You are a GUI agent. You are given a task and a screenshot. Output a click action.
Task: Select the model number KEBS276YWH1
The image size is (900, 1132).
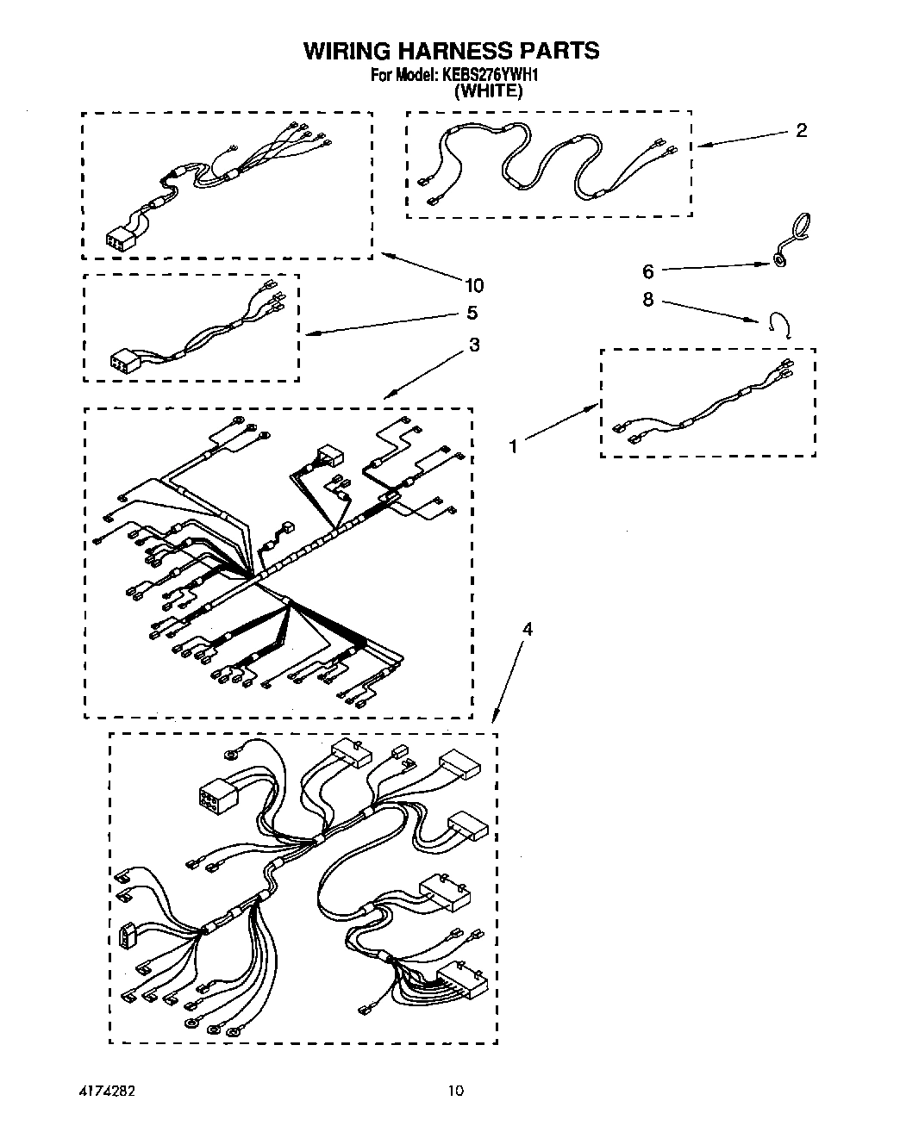(x=491, y=76)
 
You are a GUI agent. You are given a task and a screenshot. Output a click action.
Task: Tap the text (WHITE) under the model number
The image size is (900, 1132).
(x=488, y=90)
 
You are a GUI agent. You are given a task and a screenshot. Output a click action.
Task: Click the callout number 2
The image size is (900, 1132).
(x=801, y=131)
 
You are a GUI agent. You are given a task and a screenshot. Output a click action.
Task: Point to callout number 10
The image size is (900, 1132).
(x=473, y=285)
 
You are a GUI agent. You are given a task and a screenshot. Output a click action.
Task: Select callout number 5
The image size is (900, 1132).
(x=472, y=313)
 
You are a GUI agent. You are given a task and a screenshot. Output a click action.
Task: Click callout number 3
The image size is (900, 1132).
(x=473, y=345)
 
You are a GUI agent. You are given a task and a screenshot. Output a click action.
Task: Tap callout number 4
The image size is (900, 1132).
(x=528, y=630)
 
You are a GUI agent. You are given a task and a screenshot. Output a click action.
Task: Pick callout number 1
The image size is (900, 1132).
(x=514, y=446)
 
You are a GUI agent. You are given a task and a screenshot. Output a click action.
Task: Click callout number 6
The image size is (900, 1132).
(x=648, y=271)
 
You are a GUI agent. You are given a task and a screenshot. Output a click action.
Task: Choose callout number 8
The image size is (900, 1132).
(x=648, y=300)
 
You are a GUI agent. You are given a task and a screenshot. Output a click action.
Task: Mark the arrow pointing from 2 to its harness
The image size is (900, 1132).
(x=741, y=139)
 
